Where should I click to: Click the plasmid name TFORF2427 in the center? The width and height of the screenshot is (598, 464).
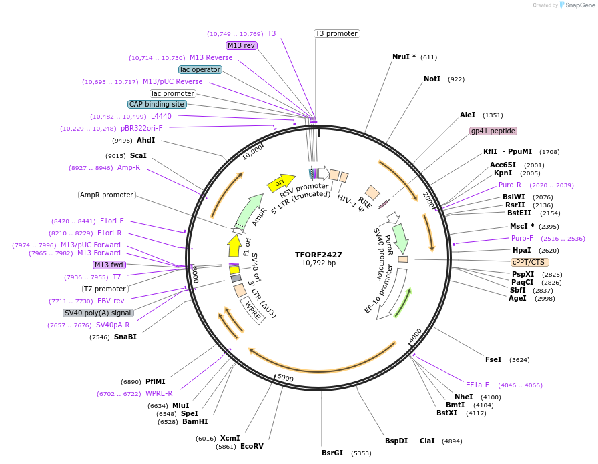pos(318,254)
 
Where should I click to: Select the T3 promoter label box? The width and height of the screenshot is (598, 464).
pos(336,33)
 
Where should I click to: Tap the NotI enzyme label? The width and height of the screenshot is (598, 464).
pos(432,79)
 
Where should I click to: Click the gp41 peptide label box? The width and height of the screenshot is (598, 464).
pos(493,131)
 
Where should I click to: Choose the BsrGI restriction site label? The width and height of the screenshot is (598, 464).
pos(332,453)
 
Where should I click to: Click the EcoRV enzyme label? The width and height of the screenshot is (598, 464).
pos(252,446)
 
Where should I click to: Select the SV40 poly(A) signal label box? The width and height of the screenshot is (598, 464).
pos(98,313)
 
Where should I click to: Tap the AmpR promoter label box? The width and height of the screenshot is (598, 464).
pos(107,195)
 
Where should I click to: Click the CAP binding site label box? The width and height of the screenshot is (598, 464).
pos(157,104)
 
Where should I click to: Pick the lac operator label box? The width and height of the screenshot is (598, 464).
pos(200,69)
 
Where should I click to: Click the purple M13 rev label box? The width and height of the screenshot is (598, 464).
pos(241,45)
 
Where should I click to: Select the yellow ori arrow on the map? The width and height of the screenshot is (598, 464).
pos(280,182)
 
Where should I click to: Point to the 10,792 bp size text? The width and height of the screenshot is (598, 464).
pos(318,263)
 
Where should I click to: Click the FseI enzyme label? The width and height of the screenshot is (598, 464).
pos(493,360)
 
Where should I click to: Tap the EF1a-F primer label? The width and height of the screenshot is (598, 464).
pos(477,385)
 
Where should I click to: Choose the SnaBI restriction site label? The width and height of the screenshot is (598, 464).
pos(125,337)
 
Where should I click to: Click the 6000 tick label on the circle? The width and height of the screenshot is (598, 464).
pos(285,378)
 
